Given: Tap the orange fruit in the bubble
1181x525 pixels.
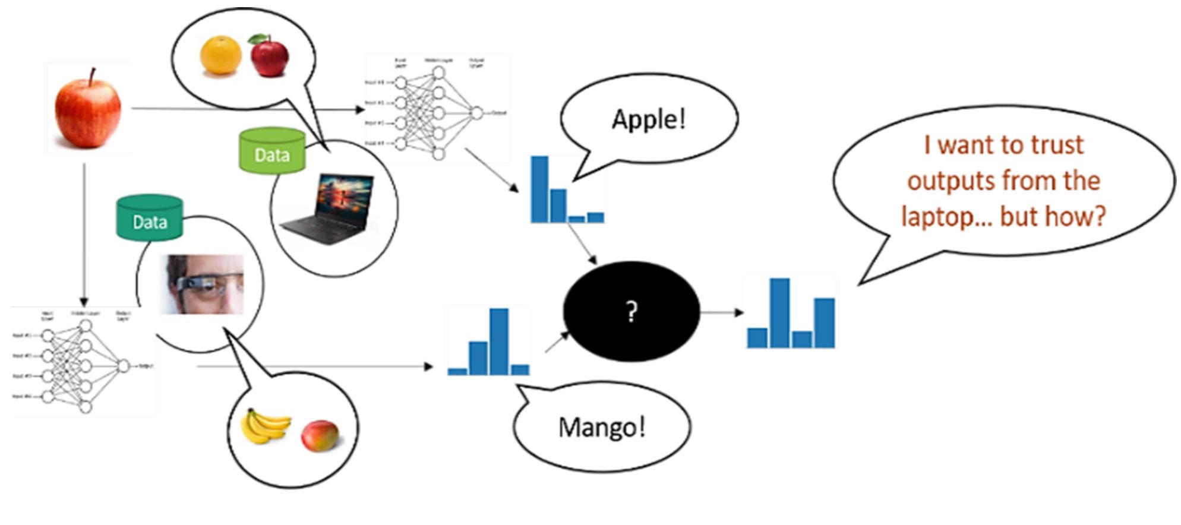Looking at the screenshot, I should (x=220, y=55).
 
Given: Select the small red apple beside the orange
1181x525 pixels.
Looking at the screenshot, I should (x=269, y=56).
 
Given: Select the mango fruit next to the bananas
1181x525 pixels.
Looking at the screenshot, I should (x=320, y=435).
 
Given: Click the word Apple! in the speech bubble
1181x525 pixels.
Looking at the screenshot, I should (x=649, y=119).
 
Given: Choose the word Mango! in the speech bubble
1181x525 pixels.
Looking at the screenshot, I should (x=602, y=427).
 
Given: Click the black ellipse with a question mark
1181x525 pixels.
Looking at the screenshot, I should (x=631, y=311).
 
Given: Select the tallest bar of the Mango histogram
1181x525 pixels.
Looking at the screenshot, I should (x=499, y=341).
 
